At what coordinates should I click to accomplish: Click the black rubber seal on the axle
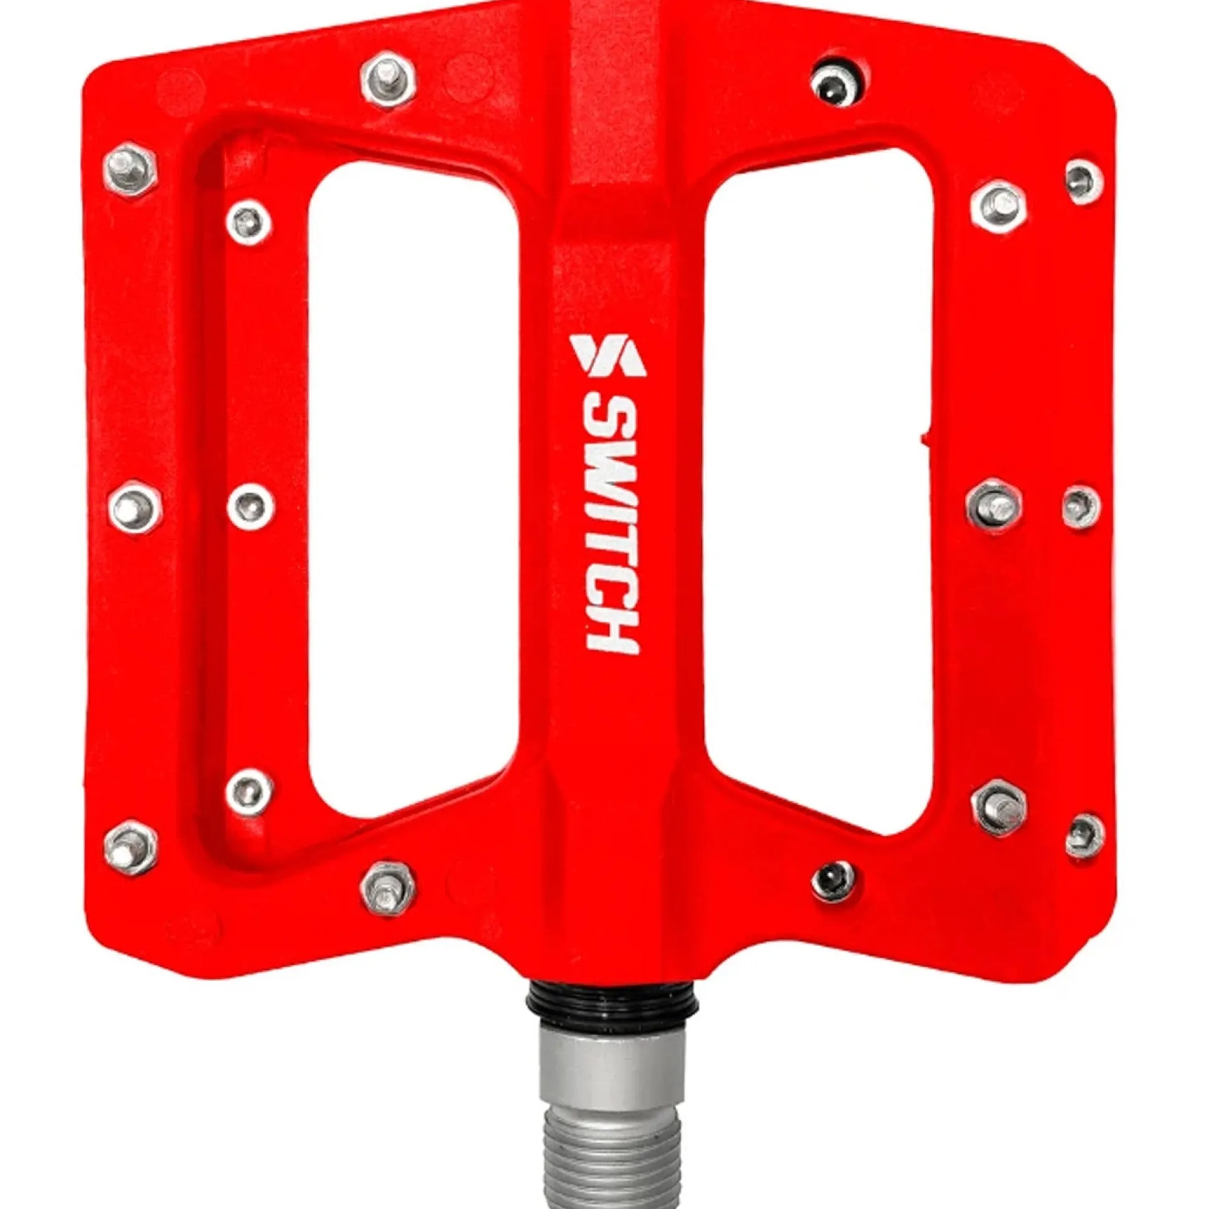612,1000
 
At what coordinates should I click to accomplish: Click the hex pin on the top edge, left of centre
389,80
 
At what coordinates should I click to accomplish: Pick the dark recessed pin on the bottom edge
833,881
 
